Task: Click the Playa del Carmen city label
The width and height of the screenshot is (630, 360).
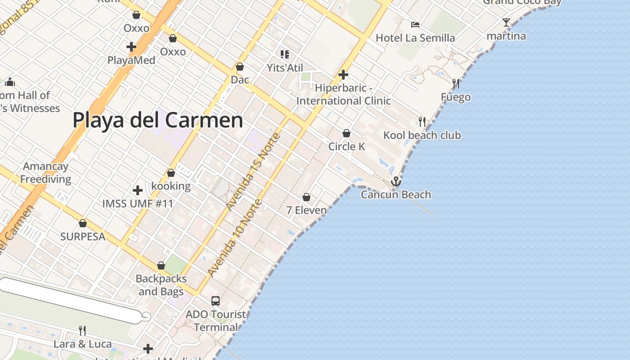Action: pyautogui.click(x=157, y=120)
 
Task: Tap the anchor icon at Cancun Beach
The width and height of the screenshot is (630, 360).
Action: pyautogui.click(x=396, y=181)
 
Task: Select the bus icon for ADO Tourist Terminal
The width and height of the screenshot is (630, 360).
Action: pyautogui.click(x=216, y=301)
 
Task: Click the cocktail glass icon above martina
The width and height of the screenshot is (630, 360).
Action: pyautogui.click(x=506, y=22)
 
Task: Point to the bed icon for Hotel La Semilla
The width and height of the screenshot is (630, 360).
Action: pyautogui.click(x=415, y=24)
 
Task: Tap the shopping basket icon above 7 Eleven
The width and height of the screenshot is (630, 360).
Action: pyautogui.click(x=306, y=197)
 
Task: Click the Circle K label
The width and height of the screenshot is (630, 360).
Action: pyautogui.click(x=346, y=146)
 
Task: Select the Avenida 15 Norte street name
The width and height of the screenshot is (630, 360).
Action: pyautogui.click(x=253, y=171)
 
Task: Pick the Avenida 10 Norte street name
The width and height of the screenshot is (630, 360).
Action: pyautogui.click(x=234, y=238)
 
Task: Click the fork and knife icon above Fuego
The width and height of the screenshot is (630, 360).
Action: pyautogui.click(x=456, y=83)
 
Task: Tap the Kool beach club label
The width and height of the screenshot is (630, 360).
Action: pyautogui.click(x=422, y=135)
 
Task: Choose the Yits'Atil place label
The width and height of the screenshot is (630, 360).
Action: pyautogui.click(x=285, y=68)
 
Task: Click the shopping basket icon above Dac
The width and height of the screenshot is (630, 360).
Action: pyautogui.click(x=240, y=67)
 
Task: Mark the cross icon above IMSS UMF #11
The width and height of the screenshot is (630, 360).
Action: pyautogui.click(x=138, y=190)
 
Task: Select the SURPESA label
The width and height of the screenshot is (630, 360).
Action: pyautogui.click(x=83, y=236)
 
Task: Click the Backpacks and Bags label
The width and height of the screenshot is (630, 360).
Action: pyautogui.click(x=161, y=285)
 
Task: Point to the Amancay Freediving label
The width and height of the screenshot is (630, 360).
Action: pyautogui.click(x=46, y=173)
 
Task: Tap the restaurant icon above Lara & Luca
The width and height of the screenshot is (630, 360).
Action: pyautogui.click(x=82, y=331)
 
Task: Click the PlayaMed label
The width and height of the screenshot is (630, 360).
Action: pyautogui.click(x=131, y=60)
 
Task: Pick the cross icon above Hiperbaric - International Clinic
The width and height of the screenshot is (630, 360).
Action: pyautogui.click(x=343, y=74)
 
